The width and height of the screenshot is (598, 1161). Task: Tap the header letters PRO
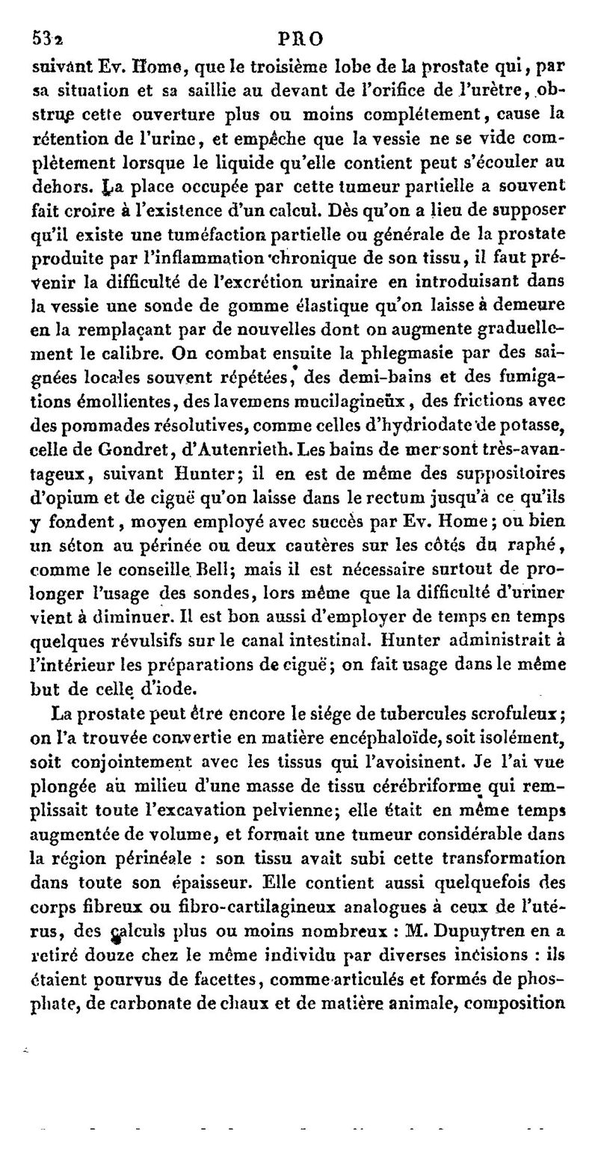tap(301, 37)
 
